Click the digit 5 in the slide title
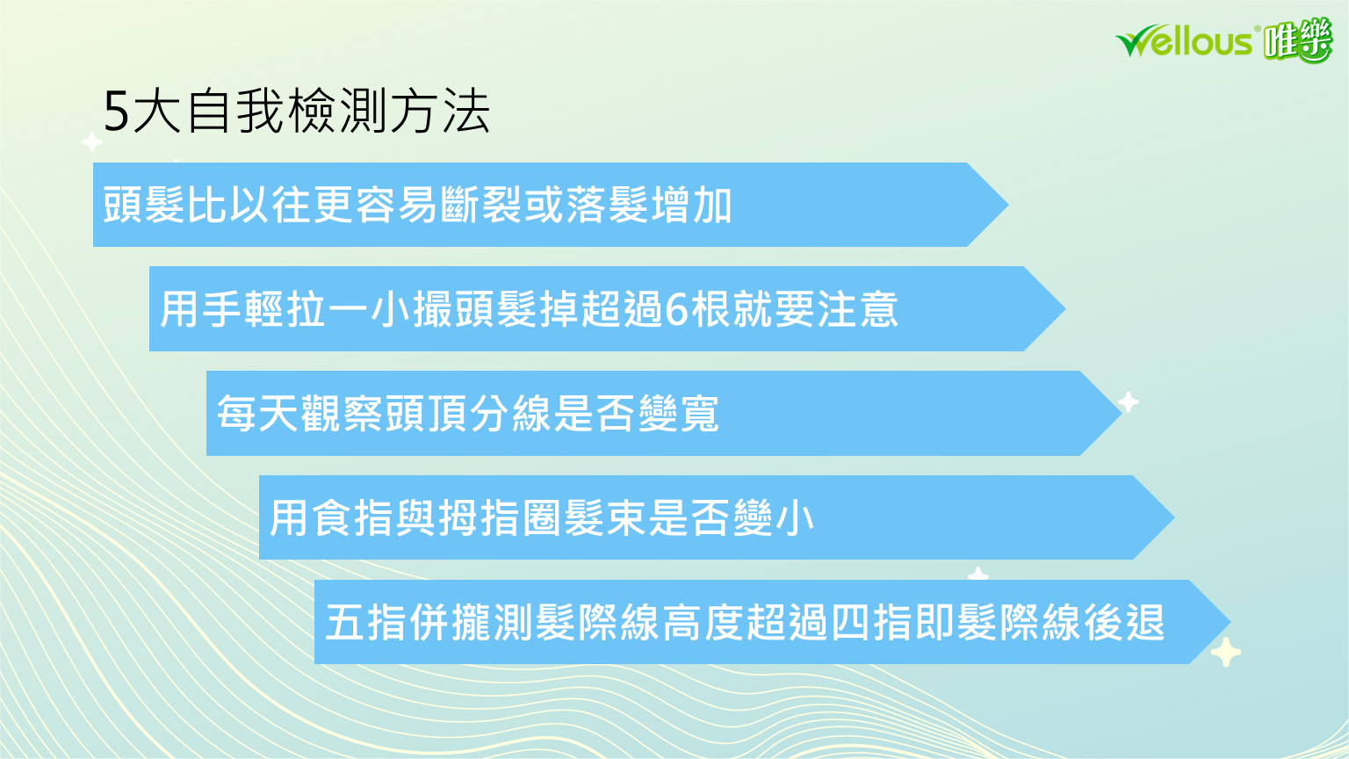pos(116,112)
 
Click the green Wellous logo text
pos(1184,41)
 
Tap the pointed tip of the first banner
pos(1008,205)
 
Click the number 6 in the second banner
pos(677,309)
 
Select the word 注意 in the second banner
pos(857,309)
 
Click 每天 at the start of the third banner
pos(257,413)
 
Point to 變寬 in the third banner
pos(678,413)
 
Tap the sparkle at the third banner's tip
pos(1128,401)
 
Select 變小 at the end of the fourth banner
pos(773,518)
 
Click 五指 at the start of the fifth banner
pos(365,622)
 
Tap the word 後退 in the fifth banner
pos(1124,622)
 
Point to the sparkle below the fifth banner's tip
pos(1226,652)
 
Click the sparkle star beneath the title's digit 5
pos(92,142)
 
